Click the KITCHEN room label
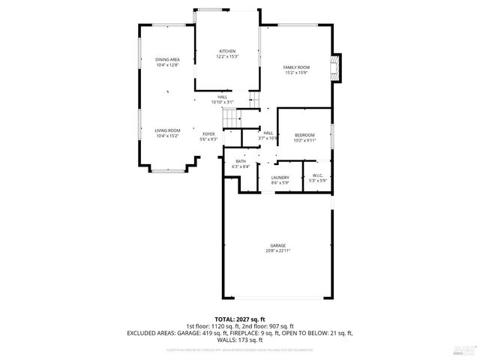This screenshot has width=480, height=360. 226,52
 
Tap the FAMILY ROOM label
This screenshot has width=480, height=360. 295,67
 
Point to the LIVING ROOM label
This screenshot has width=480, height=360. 167,130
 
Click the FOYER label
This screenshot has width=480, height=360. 208,134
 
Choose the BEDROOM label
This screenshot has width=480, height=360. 304,135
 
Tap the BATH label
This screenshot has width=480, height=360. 241,161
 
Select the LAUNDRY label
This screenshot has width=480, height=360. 280,178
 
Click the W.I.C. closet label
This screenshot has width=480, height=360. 317,178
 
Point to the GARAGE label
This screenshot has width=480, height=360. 277,245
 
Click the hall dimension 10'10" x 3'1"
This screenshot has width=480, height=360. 223,102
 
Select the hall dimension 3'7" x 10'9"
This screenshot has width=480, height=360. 268,139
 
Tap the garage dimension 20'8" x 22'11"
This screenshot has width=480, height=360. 277,250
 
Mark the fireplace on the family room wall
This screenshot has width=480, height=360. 337,66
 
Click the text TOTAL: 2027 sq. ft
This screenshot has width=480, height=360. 240,319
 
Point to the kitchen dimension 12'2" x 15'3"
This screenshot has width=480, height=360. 226,57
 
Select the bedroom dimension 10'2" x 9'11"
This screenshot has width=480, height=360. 304,140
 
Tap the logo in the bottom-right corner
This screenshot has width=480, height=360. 465,349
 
